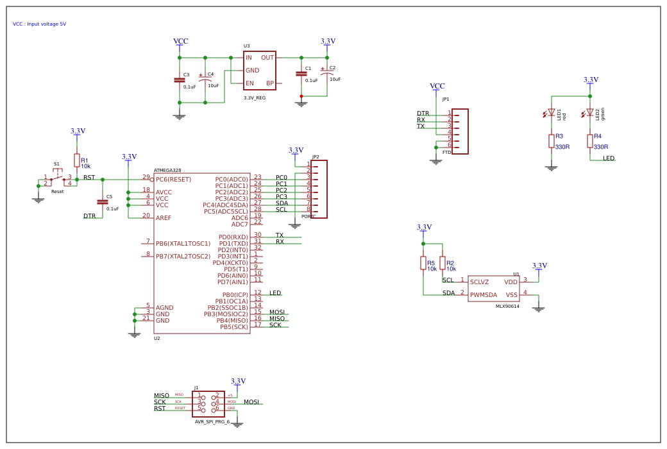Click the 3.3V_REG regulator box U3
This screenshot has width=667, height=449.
point(259,71)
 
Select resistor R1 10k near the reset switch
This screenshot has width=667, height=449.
point(77,160)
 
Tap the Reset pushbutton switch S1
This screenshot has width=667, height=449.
point(57,179)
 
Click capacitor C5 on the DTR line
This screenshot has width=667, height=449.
point(103,202)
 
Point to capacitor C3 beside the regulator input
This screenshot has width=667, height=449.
point(180,80)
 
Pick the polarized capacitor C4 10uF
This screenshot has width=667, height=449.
point(205,80)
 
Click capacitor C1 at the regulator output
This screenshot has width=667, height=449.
point(301,74)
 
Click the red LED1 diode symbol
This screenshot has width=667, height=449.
point(551,112)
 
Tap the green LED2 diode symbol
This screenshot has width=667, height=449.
point(589,112)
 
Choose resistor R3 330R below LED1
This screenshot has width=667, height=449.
point(551,141)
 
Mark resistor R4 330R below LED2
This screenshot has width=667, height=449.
point(589,141)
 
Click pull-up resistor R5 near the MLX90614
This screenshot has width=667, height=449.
point(423,263)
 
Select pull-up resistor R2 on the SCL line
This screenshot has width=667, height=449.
point(443,263)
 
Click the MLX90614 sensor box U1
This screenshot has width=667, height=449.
point(493,288)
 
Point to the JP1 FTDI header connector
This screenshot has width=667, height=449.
point(460,131)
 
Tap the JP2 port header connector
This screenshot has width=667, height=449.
point(319,189)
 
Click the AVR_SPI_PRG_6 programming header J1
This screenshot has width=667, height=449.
point(208,403)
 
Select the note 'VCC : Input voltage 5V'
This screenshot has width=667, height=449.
point(39,24)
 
